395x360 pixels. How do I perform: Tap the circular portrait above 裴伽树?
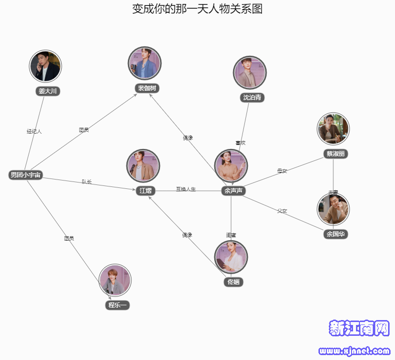[x=144, y=64]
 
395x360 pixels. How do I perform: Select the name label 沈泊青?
[x=252, y=97]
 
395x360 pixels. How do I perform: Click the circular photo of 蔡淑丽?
[x=333, y=129]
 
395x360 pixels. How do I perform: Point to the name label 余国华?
[x=335, y=234]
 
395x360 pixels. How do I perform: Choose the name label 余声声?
[x=233, y=191]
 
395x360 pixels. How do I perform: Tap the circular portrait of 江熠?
[x=143, y=166]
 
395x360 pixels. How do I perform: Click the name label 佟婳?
[x=233, y=282]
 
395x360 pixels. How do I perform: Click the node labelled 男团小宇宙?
[x=26, y=175]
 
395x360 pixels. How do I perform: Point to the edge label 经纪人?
[x=34, y=131]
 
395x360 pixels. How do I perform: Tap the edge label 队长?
[x=87, y=182]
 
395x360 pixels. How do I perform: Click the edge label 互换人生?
[x=186, y=189]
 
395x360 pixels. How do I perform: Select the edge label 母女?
[x=282, y=171]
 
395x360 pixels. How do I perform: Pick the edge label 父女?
[x=282, y=211]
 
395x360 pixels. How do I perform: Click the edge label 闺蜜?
[x=231, y=235]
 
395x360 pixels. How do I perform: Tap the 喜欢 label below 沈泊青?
[x=240, y=143]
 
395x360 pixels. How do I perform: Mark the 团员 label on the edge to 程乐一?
[x=69, y=238]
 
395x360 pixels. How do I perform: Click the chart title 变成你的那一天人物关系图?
[x=197, y=9]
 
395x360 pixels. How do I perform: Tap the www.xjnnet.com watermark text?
[x=355, y=351]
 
